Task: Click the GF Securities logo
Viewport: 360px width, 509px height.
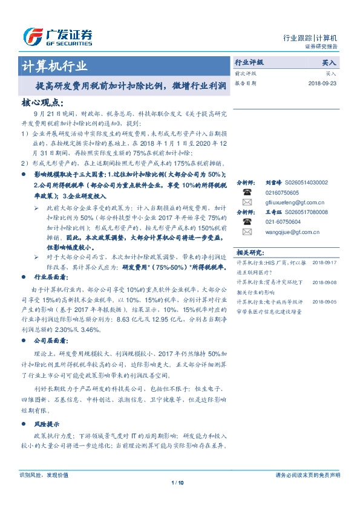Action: point(57,37)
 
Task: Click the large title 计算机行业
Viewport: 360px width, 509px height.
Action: point(54,66)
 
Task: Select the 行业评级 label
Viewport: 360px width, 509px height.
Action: point(249,62)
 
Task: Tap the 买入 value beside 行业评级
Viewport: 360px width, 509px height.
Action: point(329,62)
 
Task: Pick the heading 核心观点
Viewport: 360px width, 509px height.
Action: point(42,103)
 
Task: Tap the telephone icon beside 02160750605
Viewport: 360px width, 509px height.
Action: point(247,192)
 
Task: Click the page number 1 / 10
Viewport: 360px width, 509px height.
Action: point(178,482)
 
